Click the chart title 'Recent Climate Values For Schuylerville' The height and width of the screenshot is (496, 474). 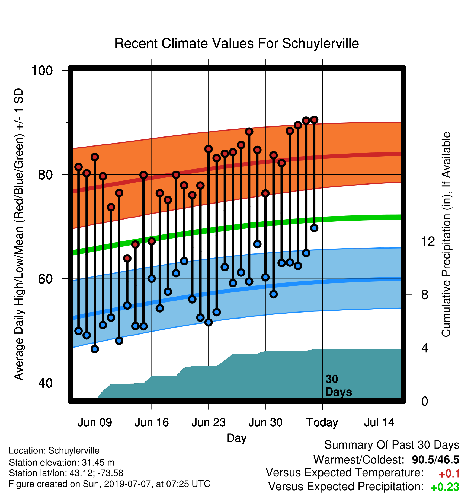tap(236, 43)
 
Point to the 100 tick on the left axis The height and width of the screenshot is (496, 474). tap(42, 71)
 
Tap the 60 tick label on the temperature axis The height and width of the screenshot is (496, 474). tap(46, 279)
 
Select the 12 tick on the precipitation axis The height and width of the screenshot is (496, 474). tap(428, 241)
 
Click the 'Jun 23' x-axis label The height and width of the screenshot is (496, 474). tap(209, 422)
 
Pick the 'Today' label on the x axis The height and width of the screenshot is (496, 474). tap(322, 422)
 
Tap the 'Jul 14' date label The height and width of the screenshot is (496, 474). tap(379, 422)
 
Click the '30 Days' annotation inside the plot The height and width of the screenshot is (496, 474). tap(338, 386)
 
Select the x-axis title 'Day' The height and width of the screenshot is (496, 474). tap(236, 438)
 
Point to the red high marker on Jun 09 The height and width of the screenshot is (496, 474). tap(95, 157)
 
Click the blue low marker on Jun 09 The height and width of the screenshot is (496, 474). tap(95, 349)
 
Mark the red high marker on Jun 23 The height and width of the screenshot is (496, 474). tap(209, 149)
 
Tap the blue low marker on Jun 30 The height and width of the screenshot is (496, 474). tap(265, 277)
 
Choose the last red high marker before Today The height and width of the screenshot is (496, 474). tap(314, 120)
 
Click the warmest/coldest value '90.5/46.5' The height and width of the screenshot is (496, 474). tap(435, 460)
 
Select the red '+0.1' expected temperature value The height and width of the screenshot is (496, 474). tap(449, 474)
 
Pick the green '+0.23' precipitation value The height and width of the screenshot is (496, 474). tap(445, 487)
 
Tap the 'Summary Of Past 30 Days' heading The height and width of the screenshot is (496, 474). tap(392, 445)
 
